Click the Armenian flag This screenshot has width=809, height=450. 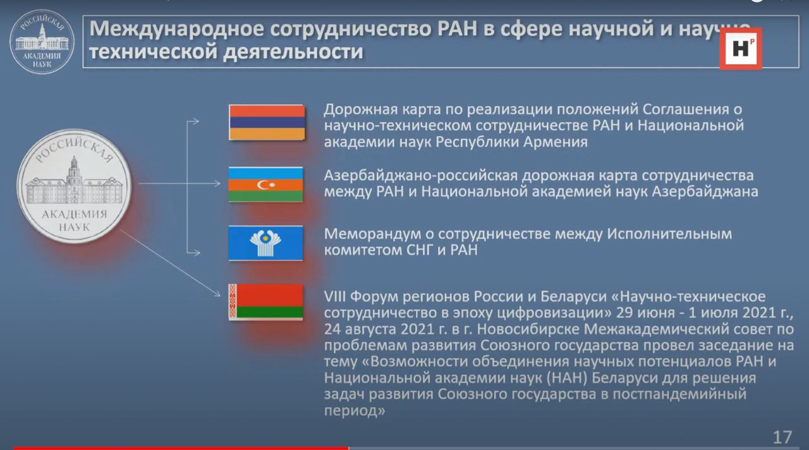point(267,123)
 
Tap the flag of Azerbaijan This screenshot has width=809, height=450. point(265,185)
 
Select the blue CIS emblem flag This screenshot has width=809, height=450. point(265,243)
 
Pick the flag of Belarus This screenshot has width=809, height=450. point(265,302)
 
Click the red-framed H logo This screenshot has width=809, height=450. point(740,49)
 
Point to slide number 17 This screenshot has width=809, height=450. point(782,437)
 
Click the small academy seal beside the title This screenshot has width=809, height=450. point(42,42)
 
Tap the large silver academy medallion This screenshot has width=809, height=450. point(74,186)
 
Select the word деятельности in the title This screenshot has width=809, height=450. point(293,51)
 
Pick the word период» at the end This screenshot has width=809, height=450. point(355,411)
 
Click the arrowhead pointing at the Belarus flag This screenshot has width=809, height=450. point(217,294)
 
